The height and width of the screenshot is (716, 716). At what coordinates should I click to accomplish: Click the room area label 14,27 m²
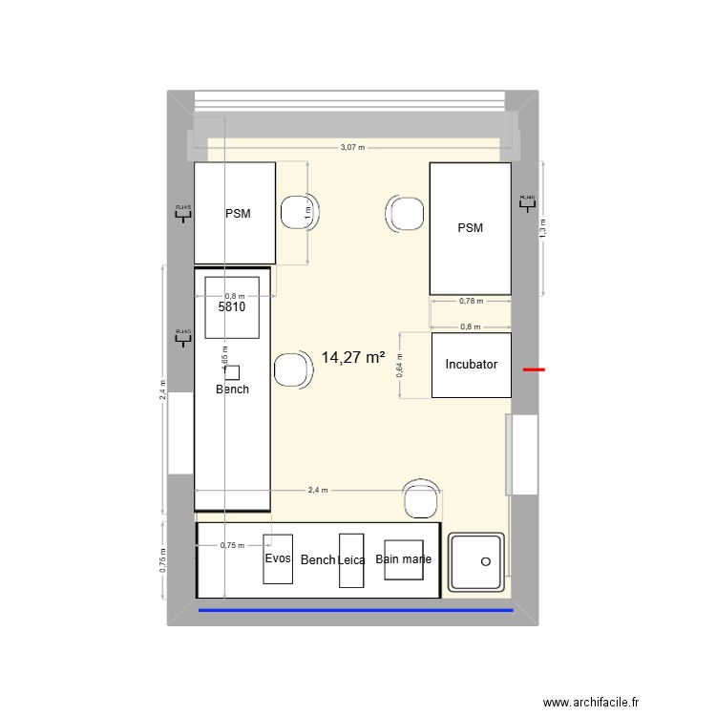353,358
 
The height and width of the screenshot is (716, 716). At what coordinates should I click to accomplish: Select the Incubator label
471,365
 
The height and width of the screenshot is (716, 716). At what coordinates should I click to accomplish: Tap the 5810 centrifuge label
232,308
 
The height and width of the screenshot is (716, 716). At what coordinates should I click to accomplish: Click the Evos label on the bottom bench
278,558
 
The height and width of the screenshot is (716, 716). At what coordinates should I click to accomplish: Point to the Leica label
351,560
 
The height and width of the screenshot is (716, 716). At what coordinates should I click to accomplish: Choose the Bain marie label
403,559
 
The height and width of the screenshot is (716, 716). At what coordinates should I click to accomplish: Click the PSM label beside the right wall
470,228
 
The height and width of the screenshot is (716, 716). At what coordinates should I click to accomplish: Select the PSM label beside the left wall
238,214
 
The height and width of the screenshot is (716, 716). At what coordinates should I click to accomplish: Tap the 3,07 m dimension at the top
353,148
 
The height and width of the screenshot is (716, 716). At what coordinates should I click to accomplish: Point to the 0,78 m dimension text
471,301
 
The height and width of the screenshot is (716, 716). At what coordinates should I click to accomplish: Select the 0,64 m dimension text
400,365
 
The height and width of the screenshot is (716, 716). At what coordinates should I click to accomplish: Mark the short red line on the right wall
534,369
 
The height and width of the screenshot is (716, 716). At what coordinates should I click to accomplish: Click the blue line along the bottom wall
355,609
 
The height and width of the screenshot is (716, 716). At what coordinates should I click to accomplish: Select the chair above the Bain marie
421,498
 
